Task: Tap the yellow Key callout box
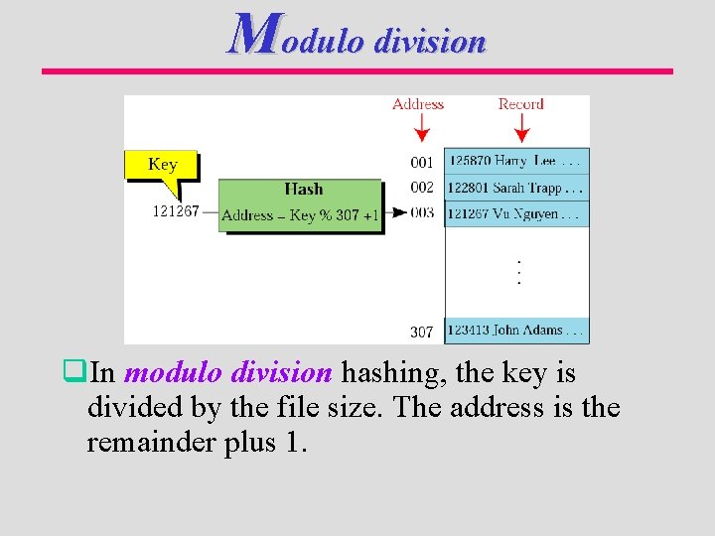(161, 165)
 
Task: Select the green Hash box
(301, 204)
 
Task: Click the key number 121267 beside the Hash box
(176, 211)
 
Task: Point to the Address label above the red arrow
(418, 104)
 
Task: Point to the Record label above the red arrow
(520, 104)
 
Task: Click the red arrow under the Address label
(420, 129)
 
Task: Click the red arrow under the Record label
(522, 129)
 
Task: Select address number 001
(422, 162)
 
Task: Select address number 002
(422, 188)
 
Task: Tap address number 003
(422, 212)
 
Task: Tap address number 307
(422, 332)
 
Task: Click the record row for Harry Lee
(516, 161)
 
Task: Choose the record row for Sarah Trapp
(516, 188)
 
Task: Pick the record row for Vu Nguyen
(516, 213)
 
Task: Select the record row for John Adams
(516, 331)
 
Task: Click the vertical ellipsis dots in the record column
(517, 271)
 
